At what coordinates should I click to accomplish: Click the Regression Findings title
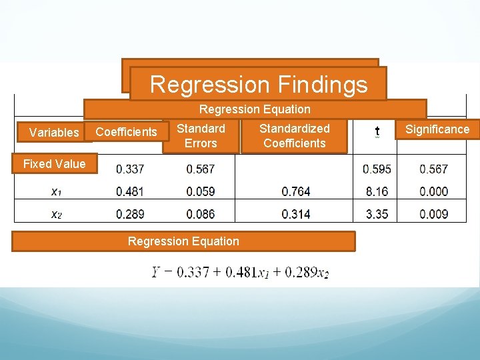click(x=259, y=85)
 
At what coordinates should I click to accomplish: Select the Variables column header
click(x=54, y=133)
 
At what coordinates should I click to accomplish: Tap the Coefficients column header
click(x=127, y=132)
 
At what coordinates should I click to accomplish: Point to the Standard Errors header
click(x=201, y=135)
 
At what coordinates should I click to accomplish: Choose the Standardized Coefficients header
click(x=294, y=135)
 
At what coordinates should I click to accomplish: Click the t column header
click(x=377, y=132)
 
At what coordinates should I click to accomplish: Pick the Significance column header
click(x=437, y=129)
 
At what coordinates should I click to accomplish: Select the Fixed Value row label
click(x=54, y=164)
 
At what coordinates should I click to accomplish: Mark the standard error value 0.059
click(x=201, y=192)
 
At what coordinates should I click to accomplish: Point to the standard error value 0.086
click(x=201, y=215)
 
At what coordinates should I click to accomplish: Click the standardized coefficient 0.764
click(x=295, y=192)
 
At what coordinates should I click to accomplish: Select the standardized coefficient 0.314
click(x=295, y=215)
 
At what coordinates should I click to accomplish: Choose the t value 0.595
click(x=377, y=169)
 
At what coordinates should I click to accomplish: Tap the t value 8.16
click(x=377, y=192)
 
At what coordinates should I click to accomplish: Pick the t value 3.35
click(x=377, y=215)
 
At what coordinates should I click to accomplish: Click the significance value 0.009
click(x=433, y=215)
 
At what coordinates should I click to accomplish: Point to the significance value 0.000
click(x=433, y=192)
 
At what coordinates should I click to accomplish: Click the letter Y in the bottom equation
click(x=156, y=272)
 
